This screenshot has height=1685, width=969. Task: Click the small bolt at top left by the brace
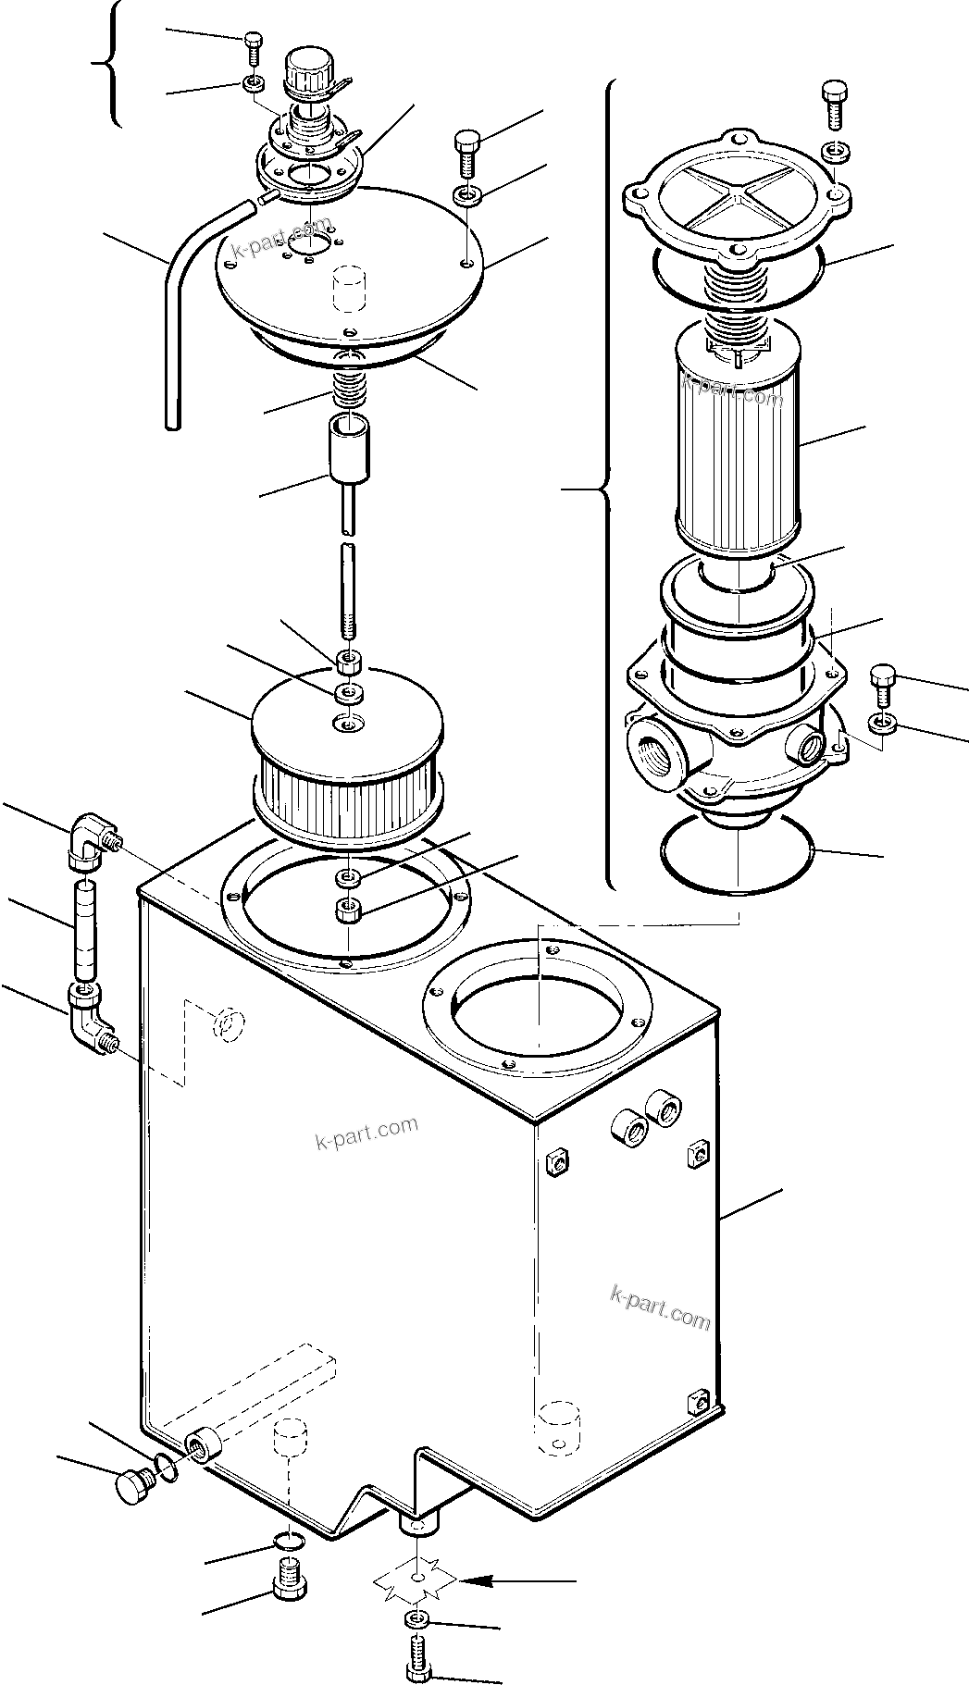253,43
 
